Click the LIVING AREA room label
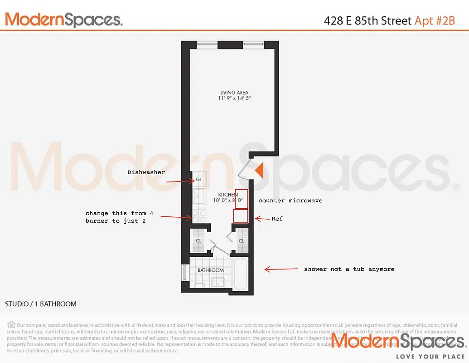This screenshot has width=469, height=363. click(234, 93)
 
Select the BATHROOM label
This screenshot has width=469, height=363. click(211, 270)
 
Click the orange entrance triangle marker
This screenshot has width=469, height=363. click(259, 171)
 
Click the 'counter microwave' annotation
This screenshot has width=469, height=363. click(290, 200)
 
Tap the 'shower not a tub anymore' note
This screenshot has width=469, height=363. click(349, 269)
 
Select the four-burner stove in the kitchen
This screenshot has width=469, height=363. click(199, 216)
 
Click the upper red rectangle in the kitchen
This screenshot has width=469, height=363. click(241, 199)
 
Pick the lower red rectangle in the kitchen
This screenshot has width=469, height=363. click(240, 216)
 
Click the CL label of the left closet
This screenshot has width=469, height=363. click(198, 240)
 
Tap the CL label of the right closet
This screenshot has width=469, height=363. click(242, 240)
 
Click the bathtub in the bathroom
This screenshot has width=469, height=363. click(240, 274)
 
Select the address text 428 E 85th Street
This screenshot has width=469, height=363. click(368, 21)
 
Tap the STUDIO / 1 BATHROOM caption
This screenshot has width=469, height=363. click(41, 304)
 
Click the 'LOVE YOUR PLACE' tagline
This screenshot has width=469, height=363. click(430, 357)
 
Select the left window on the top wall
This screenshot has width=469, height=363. click(207, 44)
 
